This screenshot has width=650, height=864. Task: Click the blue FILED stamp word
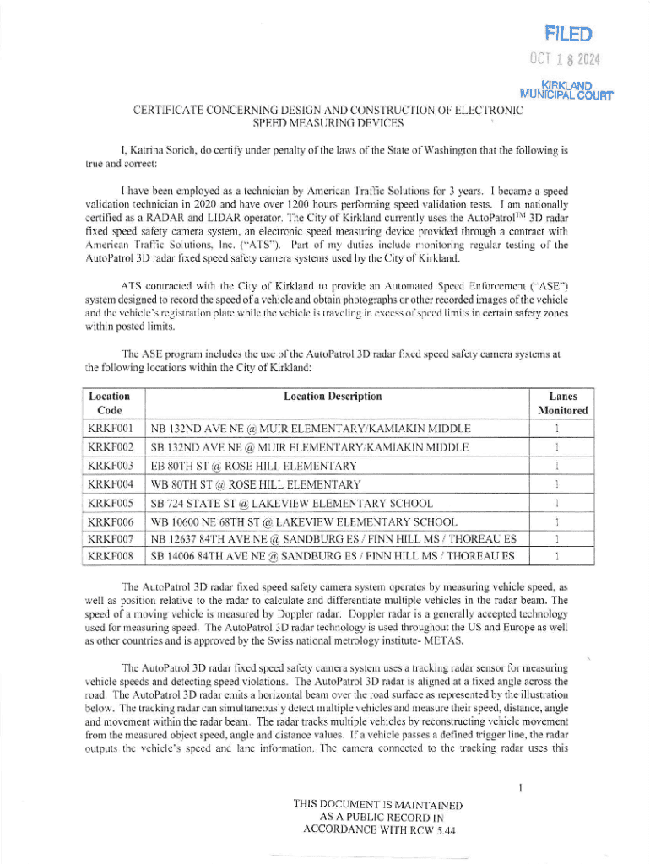569,35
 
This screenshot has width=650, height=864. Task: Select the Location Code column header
109,403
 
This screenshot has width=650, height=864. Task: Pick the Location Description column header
333,396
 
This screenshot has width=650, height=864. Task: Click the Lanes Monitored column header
562,403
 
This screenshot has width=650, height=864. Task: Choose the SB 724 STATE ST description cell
291,503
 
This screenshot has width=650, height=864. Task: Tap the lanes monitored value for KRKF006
557,521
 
